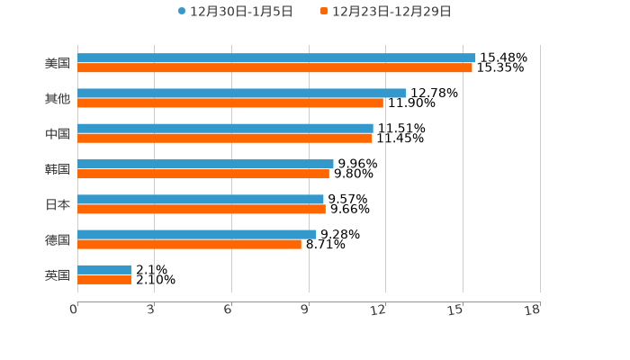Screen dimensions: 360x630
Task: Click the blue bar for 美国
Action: click(276, 58)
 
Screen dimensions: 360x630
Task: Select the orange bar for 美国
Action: click(274, 68)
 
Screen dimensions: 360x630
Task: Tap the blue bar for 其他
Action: click(241, 94)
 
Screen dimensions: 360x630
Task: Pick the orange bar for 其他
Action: click(230, 103)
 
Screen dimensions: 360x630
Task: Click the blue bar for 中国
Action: click(225, 129)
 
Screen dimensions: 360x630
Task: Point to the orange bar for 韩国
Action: click(203, 174)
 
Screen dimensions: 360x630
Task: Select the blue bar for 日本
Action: click(201, 200)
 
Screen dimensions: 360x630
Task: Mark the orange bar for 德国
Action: click(189, 244)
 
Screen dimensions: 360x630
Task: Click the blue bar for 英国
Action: click(104, 270)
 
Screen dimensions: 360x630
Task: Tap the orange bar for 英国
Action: click(104, 280)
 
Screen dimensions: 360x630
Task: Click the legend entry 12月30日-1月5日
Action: click(235, 12)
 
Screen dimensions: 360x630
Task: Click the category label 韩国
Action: click(58, 169)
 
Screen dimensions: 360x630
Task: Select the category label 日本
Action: click(58, 204)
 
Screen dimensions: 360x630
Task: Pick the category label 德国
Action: click(58, 239)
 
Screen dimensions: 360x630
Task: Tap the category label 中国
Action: click(58, 134)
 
